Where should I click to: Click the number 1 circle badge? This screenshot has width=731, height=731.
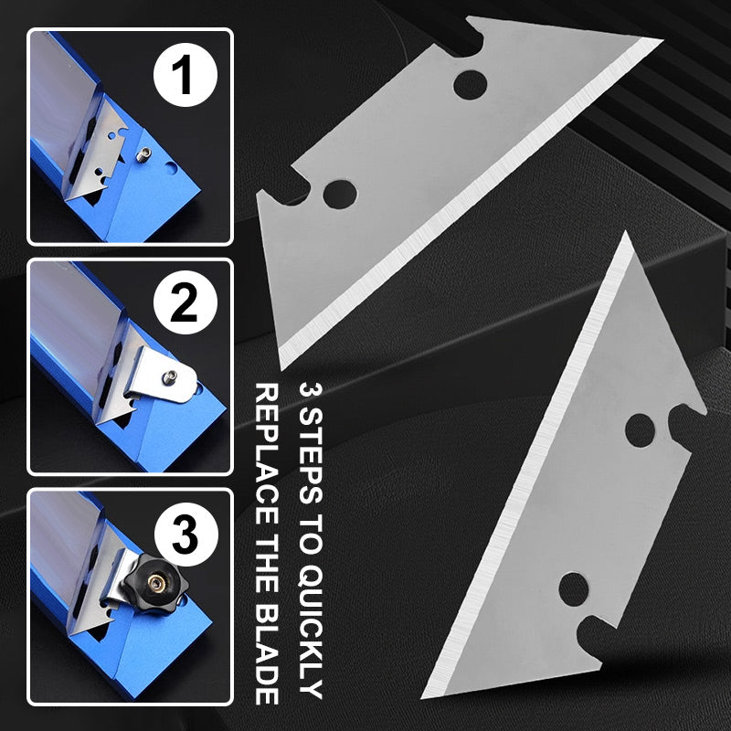click(185, 75)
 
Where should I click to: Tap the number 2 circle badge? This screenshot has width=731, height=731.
click(185, 302)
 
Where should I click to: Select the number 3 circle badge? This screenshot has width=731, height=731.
click(185, 535)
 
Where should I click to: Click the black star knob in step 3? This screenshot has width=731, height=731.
click(154, 580)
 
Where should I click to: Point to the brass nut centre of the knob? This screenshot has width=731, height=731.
click(153, 581)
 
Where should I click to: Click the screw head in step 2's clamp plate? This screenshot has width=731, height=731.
click(172, 376)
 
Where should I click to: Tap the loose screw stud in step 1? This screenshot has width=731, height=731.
click(144, 154)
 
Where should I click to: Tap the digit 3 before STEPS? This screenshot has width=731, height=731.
click(310, 390)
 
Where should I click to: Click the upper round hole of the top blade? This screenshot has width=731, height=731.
click(470, 85)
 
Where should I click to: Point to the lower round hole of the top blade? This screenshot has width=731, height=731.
click(340, 194)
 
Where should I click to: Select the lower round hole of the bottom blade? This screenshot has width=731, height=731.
click(574, 589)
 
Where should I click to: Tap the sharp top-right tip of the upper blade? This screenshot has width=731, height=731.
click(662, 39)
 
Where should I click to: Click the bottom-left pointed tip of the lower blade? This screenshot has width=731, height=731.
click(421, 698)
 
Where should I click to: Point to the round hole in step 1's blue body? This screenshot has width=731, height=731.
click(172, 168)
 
